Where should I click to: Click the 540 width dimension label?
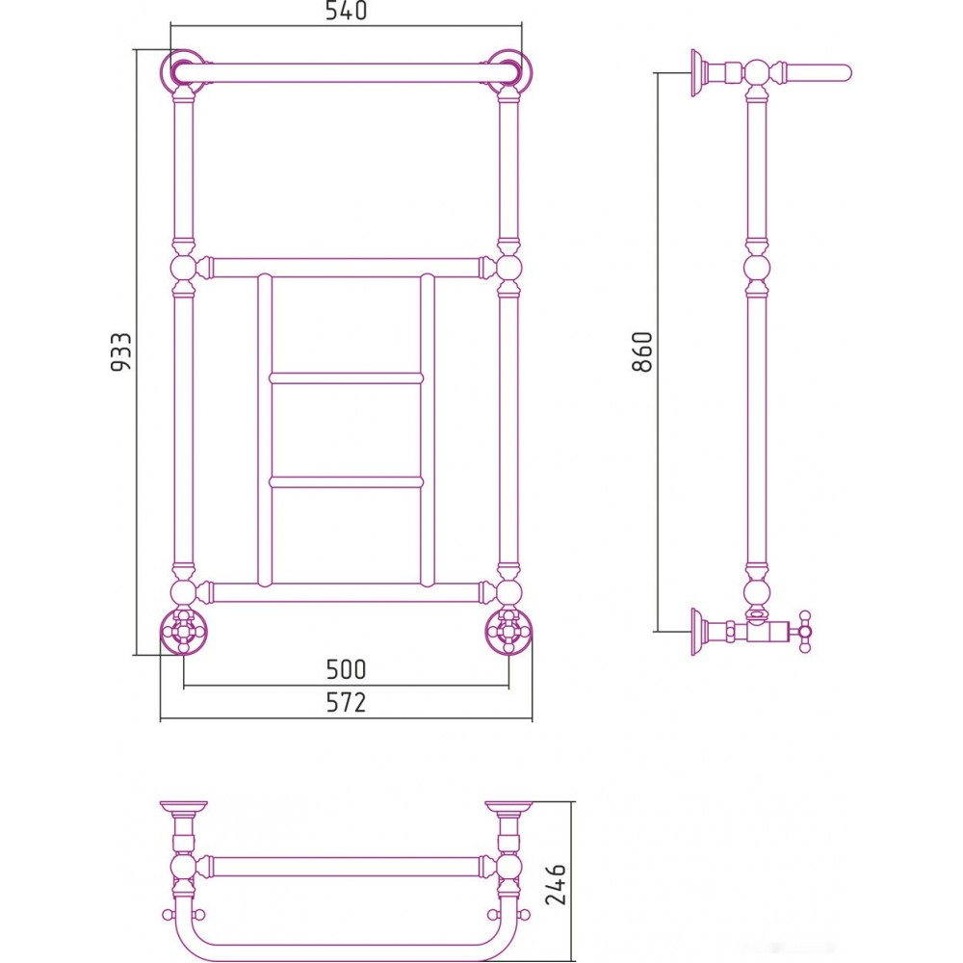[x=346, y=11]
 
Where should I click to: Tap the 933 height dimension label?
[x=121, y=351]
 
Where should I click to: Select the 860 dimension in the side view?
[x=641, y=351]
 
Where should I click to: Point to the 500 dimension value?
[x=346, y=669]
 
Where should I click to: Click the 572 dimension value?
[x=346, y=702]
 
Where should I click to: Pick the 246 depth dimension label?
[x=556, y=884]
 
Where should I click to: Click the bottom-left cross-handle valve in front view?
[x=184, y=630]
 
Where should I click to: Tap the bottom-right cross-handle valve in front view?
[x=508, y=630]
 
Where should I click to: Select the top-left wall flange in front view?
[x=183, y=72]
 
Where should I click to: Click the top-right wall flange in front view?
[x=509, y=72]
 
